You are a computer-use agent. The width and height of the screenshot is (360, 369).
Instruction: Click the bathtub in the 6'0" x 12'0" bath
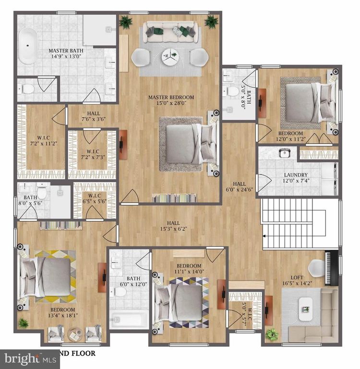129,320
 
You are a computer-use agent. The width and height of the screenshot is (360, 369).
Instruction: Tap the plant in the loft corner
272,334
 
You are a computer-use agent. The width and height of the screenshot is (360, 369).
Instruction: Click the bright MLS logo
29,358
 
